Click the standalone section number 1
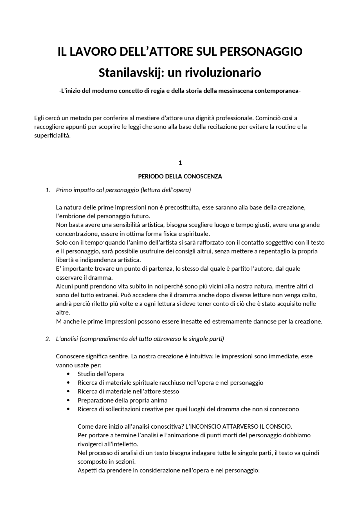180,163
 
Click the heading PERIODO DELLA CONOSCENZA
180,177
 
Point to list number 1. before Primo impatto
48,190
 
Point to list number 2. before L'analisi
48,339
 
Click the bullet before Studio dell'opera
68,374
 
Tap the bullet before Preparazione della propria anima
68,400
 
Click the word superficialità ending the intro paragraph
52,135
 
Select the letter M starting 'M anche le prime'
59,321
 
